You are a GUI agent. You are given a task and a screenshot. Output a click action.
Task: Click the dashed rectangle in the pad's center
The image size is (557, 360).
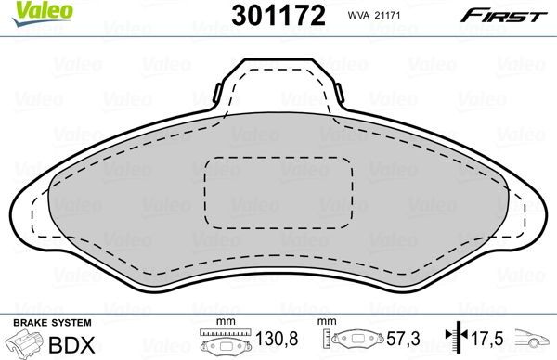pos(278,191)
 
